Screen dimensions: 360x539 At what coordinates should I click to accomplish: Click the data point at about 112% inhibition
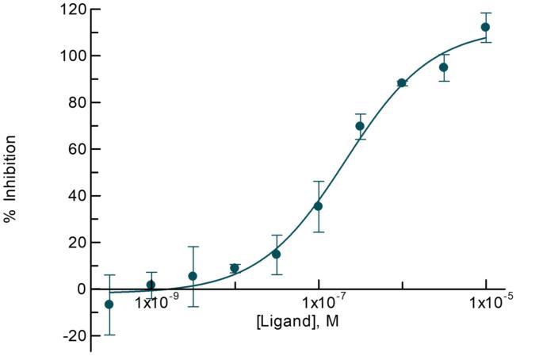485,27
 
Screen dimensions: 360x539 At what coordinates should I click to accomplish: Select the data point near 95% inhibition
444,67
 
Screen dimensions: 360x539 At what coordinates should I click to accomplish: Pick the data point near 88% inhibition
402,82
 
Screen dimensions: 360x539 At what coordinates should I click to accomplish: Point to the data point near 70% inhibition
360,126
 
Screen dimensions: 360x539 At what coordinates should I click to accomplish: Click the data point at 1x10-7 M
318,206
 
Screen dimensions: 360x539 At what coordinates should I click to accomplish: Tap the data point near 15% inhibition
276,254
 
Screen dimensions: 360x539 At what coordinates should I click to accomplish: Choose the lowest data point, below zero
109,304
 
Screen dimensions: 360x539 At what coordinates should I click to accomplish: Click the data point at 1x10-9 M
151,285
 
